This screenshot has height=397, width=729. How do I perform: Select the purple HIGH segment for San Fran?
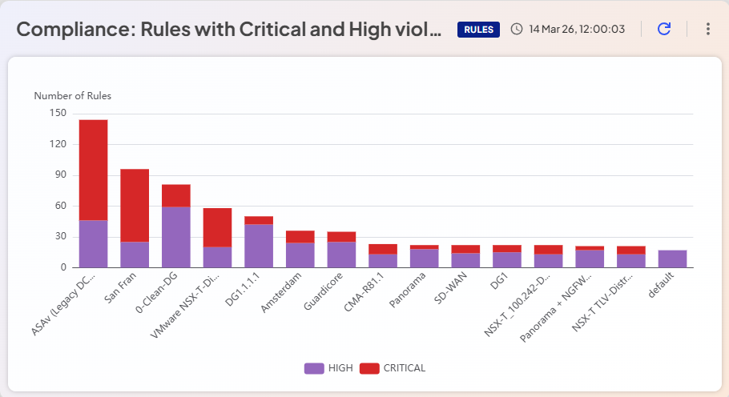tap(135, 254)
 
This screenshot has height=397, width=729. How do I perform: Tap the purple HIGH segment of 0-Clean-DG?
tap(176, 237)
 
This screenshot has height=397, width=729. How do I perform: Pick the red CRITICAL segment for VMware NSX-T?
tap(217, 227)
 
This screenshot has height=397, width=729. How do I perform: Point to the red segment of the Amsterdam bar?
tap(300, 237)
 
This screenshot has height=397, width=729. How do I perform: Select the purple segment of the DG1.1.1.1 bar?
tap(259, 246)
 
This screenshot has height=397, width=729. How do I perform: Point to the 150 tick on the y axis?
tap(57, 114)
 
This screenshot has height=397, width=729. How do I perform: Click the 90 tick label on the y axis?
tap(59, 175)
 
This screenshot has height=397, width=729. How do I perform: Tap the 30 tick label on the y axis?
tap(59, 237)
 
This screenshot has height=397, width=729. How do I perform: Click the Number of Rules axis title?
tap(72, 96)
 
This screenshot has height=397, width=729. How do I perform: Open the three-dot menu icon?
tap(707, 29)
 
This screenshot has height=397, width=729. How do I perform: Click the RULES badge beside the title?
tap(478, 30)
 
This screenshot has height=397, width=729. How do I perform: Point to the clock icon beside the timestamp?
tap(517, 29)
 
